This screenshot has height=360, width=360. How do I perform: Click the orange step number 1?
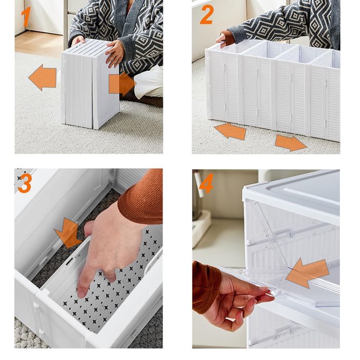(x=26, y=16)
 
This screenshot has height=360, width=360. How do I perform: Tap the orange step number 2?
(x=207, y=14)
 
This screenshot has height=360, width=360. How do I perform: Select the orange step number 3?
(x=25, y=183)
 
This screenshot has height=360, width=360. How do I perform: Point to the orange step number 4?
(x=207, y=183)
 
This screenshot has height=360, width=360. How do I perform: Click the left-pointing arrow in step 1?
(x=43, y=77)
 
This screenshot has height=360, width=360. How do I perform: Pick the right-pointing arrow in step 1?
(x=122, y=84)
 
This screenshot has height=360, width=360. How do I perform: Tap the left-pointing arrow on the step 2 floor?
(x=230, y=131)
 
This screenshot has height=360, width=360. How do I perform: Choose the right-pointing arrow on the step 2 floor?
(x=291, y=143)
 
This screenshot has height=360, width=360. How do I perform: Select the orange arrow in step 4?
(x=307, y=274)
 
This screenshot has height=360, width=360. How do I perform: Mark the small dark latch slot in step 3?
(x=69, y=261)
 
